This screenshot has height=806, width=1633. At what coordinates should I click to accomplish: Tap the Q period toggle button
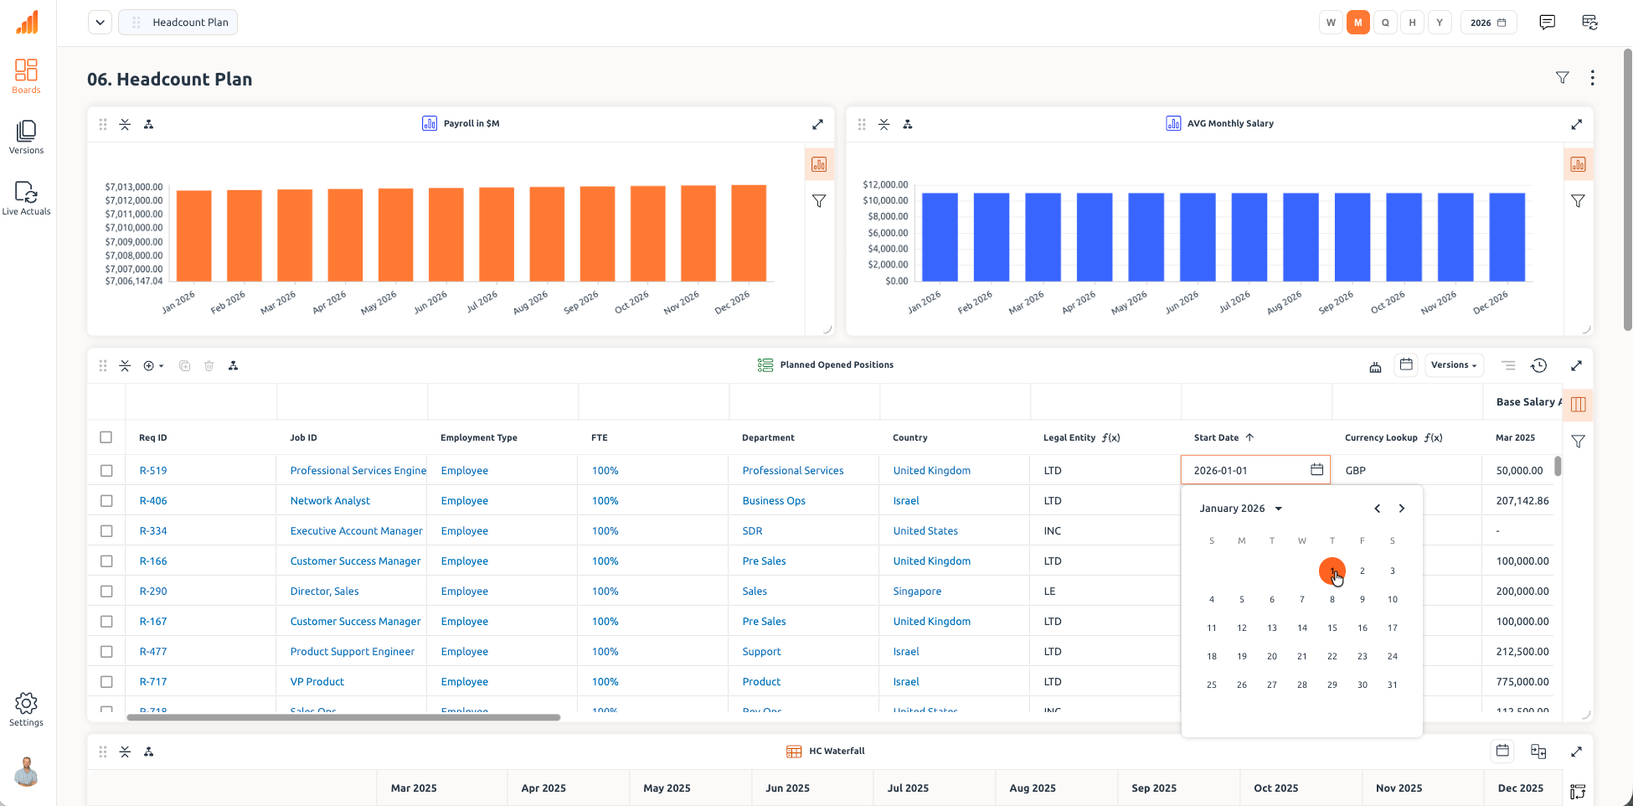[x=1385, y=23]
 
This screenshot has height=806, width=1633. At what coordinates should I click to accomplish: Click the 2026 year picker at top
[x=1488, y=23]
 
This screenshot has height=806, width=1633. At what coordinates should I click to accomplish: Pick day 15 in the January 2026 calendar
[x=1332, y=628]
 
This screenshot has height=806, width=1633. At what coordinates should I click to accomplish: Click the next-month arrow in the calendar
[x=1401, y=509]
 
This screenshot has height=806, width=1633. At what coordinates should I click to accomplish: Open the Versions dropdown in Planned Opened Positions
[x=1453, y=365]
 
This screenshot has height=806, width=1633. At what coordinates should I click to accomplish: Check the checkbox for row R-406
[x=106, y=501]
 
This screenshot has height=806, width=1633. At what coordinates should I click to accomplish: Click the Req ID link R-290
[x=153, y=592]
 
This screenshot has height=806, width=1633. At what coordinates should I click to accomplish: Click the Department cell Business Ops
[x=774, y=501]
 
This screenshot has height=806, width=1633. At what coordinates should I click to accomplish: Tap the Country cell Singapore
[x=917, y=592]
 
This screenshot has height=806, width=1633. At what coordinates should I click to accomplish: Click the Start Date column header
[x=1216, y=437]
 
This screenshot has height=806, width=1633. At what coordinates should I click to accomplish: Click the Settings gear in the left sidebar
[x=26, y=704]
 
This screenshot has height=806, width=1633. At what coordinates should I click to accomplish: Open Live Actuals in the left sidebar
[x=26, y=199]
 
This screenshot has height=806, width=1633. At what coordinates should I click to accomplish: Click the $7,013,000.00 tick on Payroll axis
[x=134, y=187]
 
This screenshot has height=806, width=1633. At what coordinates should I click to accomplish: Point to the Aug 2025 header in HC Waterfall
[x=1032, y=788]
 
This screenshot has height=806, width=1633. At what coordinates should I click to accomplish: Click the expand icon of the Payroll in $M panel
[x=817, y=124]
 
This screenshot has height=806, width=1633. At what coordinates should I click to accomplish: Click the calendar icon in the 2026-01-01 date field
[x=1316, y=470]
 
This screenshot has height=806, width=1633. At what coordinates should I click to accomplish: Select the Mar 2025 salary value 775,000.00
[x=1522, y=682]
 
